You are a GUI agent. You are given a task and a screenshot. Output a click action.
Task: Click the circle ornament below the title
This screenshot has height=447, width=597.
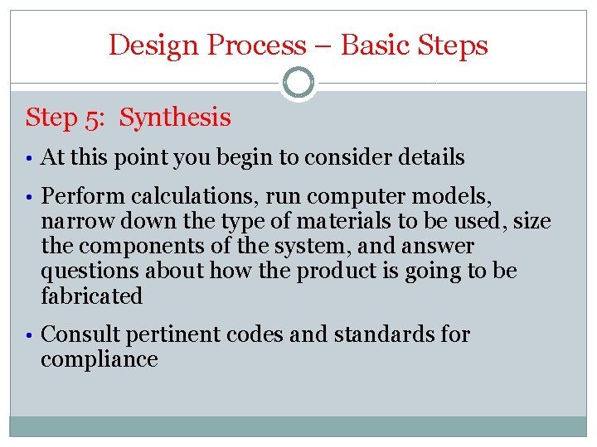pos(298,83)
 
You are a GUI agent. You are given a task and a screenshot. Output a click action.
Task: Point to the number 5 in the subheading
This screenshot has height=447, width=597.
pos(94,118)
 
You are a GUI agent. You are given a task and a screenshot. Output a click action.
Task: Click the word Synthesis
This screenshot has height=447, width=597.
pos(175,118)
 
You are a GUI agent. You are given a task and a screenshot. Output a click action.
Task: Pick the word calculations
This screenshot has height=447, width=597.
pos(172,196)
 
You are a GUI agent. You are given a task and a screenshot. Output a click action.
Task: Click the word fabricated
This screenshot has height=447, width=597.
pos(92,296)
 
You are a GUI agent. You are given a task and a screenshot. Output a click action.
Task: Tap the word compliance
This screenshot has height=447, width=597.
pos(99,359)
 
